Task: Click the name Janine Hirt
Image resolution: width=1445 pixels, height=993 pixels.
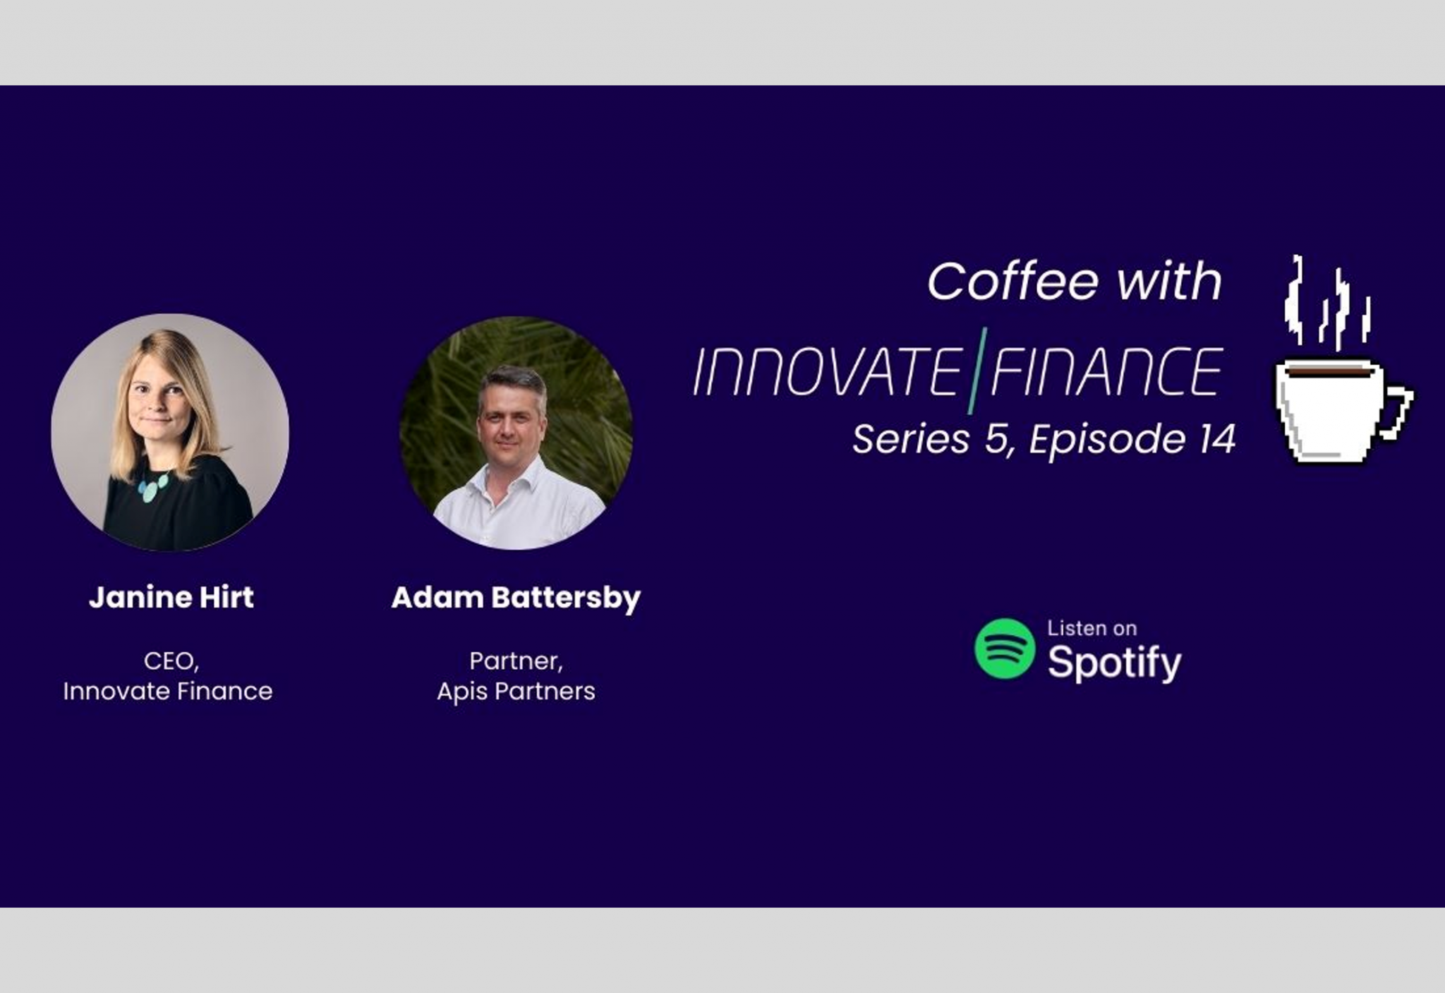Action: (171, 597)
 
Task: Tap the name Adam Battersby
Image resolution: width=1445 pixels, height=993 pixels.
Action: (516, 598)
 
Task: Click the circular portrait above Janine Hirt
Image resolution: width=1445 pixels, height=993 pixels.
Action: (170, 432)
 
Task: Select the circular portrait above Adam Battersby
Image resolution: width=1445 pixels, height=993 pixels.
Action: (516, 433)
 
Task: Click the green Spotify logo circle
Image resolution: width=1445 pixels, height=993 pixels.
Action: (1005, 649)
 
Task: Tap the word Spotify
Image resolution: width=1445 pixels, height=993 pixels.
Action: (1115, 663)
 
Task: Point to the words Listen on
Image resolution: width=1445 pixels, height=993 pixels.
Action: (1092, 628)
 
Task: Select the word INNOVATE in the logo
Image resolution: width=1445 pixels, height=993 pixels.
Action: (828, 371)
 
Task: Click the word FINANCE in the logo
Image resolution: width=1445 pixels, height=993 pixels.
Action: (1106, 371)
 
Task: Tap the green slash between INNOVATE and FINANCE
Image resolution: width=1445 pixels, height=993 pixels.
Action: (977, 370)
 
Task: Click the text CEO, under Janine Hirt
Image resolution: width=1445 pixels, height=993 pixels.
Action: (171, 661)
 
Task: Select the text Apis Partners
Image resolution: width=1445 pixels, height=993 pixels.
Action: (516, 692)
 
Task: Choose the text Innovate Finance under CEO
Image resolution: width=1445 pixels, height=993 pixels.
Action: (168, 691)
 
